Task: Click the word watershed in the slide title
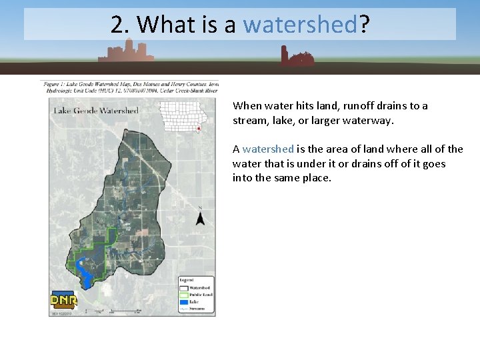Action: (301, 25)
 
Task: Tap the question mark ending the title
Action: (365, 25)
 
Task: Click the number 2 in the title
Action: (118, 25)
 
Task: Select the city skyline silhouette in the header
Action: (126, 50)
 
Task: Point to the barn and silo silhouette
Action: (296, 58)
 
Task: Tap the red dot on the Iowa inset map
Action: (199, 129)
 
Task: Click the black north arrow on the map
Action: (199, 217)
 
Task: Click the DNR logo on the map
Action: (64, 300)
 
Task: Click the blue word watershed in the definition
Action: (268, 149)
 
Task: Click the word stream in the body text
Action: (250, 121)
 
